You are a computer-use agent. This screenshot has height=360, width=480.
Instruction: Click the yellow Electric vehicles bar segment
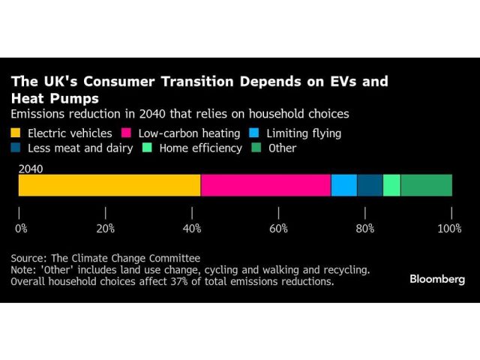109,185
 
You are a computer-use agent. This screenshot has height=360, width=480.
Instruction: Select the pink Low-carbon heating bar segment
265,185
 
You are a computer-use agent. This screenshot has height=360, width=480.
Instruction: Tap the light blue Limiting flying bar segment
343,185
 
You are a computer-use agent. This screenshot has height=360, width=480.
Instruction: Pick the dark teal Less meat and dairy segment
370,185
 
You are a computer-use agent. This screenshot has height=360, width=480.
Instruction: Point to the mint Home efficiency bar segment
391,185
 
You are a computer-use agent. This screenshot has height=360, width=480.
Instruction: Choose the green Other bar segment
426,185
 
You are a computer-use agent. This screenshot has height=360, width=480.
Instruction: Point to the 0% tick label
21,228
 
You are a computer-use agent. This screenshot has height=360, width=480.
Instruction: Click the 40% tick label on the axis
192,228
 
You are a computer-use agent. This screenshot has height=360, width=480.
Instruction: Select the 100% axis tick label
451,228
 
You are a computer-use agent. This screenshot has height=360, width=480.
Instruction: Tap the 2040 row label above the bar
31,169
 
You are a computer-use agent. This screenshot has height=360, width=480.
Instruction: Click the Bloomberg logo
436,279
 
